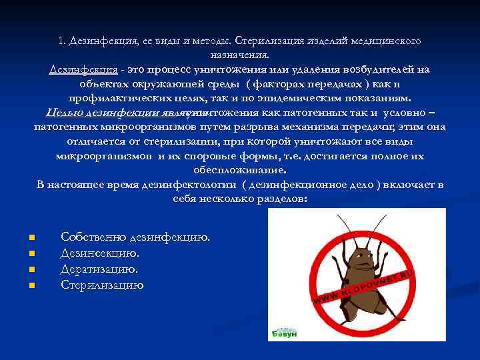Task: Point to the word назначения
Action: [x=240, y=55]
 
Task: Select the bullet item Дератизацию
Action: [x=99, y=269]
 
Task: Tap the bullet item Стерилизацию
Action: [x=102, y=285]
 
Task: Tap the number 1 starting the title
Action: [x=61, y=41]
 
